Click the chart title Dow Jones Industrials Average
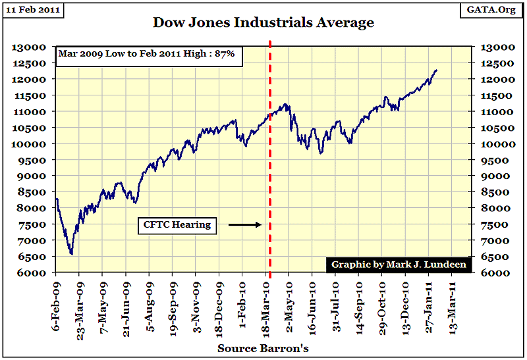tap(263, 22)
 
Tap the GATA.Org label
tap(493, 11)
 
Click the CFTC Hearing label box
tap(177, 225)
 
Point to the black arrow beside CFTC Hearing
tap(245, 225)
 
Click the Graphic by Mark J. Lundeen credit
tap(399, 265)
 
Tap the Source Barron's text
tap(263, 348)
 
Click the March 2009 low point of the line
tap(71, 254)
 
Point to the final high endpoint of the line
tap(436, 70)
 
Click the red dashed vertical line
tap(270, 165)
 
